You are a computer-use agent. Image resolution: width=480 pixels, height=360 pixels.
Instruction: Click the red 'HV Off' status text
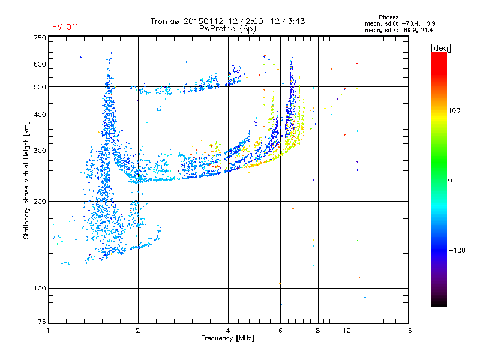(65, 27)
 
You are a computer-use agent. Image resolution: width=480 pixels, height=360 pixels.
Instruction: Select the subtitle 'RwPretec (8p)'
(227, 29)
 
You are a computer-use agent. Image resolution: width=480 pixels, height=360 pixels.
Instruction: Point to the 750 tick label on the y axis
(40, 38)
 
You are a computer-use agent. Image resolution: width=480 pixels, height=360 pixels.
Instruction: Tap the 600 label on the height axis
(40, 64)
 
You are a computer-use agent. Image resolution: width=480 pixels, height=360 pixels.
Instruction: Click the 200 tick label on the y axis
(40, 202)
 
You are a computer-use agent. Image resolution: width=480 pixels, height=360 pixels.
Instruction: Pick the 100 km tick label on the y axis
(40, 288)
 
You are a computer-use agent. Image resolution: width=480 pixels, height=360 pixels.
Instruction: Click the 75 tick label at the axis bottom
(42, 322)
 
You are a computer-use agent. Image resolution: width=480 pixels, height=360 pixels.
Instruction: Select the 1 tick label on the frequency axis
(48, 331)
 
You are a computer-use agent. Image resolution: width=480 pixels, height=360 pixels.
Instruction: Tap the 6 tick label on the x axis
(280, 331)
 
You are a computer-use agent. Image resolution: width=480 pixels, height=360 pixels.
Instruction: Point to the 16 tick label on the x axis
(408, 331)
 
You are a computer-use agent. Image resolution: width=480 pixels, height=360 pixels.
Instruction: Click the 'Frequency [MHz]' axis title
(227, 338)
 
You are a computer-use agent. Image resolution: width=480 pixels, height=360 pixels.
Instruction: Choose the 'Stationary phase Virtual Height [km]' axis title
(26, 180)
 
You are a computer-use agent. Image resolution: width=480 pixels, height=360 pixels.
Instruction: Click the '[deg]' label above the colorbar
(440, 48)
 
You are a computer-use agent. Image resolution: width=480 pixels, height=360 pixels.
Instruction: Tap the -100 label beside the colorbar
(457, 250)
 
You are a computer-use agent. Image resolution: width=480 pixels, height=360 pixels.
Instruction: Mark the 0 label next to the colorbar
(450, 180)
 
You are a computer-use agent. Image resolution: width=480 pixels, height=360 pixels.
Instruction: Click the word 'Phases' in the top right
(388, 17)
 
